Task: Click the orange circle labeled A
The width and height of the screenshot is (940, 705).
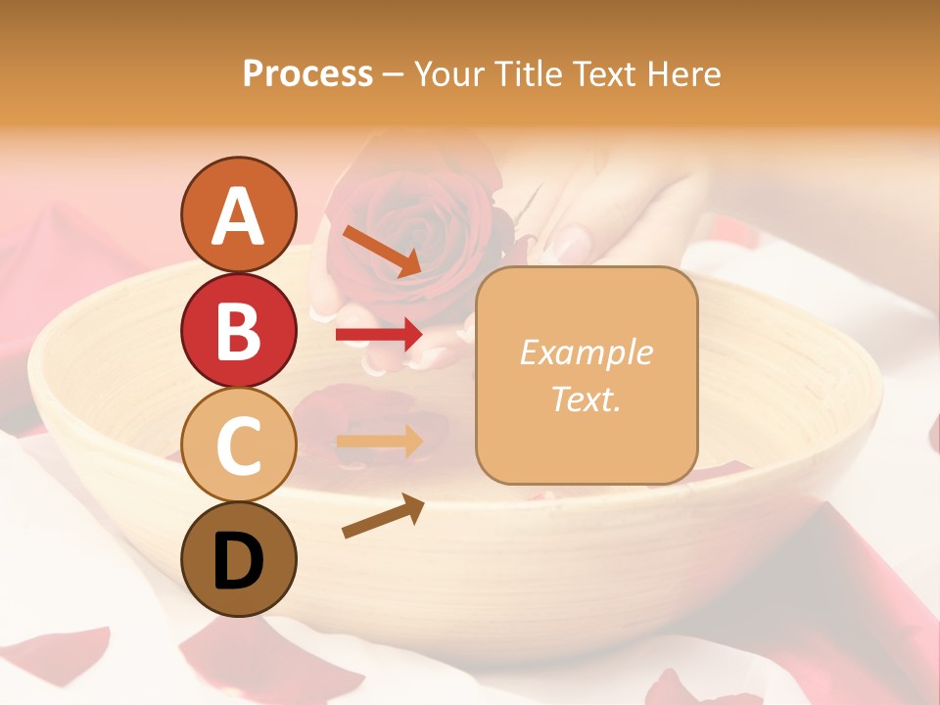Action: (238, 214)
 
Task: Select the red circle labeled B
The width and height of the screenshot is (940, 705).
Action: (238, 330)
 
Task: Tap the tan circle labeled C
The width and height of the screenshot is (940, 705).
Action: (238, 445)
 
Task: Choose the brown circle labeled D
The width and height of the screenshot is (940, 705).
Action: (238, 559)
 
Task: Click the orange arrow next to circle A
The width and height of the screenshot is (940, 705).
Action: (381, 251)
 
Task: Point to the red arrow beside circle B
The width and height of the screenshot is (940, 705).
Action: (379, 335)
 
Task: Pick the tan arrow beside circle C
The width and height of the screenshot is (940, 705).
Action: (379, 442)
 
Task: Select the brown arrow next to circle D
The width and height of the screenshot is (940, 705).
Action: (383, 516)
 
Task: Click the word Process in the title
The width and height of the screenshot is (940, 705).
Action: (307, 74)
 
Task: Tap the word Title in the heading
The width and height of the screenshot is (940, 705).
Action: (529, 74)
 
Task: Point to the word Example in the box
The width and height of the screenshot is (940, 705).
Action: (586, 352)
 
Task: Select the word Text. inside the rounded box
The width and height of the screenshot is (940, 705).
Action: (586, 399)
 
